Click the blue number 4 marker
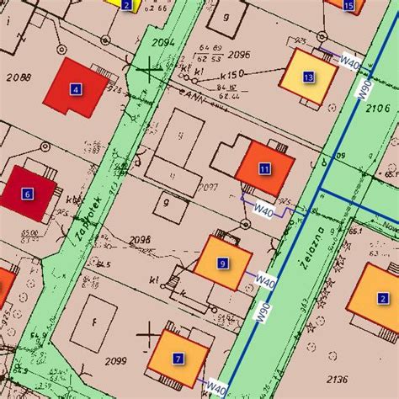[x=76, y=88]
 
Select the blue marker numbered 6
[x=28, y=194]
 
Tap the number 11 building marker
[x=264, y=168]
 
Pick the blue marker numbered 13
[x=308, y=77]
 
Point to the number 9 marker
[x=222, y=263]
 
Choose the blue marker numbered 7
[x=178, y=359]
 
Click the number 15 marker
[x=349, y=6]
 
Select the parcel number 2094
[x=162, y=43]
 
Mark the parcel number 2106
[x=380, y=109]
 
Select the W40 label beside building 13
[x=350, y=59]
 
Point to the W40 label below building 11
[x=265, y=207]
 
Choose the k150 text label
[x=231, y=75]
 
